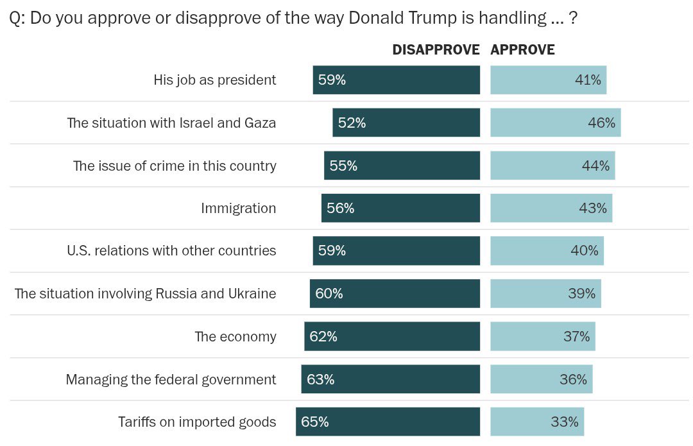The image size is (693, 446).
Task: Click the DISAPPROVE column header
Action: (x=436, y=50)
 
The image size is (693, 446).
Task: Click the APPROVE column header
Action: (x=522, y=50)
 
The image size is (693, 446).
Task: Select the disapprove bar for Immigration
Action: (x=400, y=208)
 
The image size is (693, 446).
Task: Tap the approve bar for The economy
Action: (x=542, y=336)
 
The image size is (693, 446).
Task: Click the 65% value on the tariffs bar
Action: (x=314, y=422)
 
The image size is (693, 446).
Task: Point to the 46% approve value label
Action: (x=601, y=123)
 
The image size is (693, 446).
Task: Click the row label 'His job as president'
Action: (x=215, y=80)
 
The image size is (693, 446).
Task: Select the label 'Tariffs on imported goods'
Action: (x=197, y=422)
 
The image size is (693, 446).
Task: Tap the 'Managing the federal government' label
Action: (x=171, y=379)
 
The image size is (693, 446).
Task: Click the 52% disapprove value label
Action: (x=352, y=123)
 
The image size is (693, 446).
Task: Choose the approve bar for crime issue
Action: (x=552, y=166)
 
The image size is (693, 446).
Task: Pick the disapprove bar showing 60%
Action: (x=395, y=293)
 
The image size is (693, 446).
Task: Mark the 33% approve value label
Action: (x=564, y=422)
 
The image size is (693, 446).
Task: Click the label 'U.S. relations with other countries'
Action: (x=171, y=250)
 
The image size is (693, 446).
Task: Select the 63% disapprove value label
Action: (x=320, y=379)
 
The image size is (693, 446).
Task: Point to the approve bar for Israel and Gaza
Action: (x=555, y=123)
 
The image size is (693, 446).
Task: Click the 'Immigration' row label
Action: (x=238, y=208)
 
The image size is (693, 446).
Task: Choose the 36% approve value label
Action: (x=573, y=379)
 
